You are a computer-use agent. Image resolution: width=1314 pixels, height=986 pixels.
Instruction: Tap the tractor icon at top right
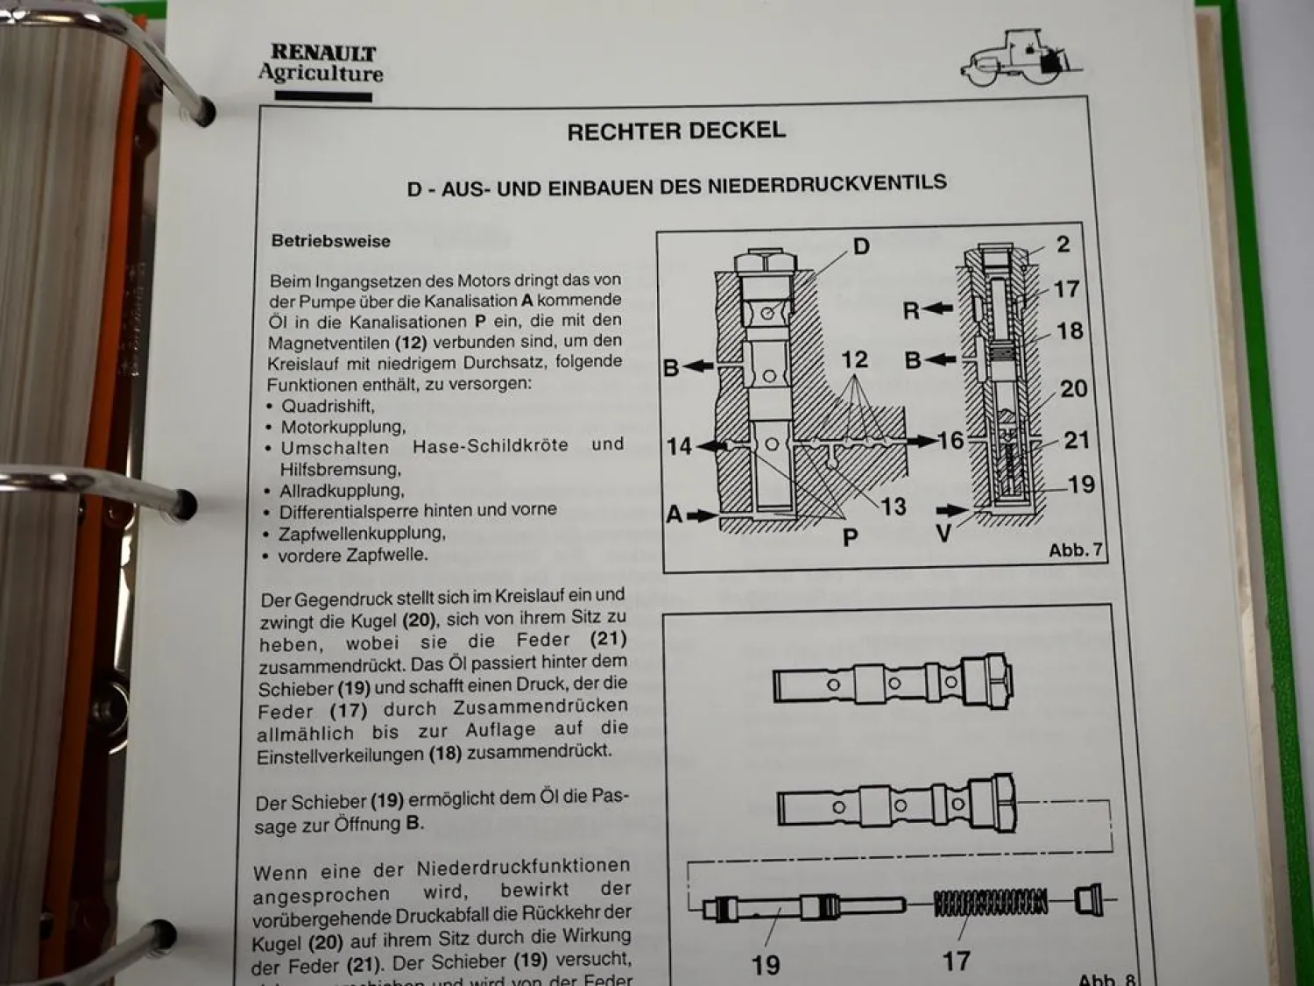pyautogui.click(x=1019, y=59)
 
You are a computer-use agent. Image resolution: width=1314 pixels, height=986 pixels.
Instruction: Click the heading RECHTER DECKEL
pyautogui.click(x=675, y=131)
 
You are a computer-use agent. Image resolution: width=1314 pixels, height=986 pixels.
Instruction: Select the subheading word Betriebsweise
pyautogui.click(x=330, y=241)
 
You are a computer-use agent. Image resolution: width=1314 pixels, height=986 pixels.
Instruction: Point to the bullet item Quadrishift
pyautogui.click(x=327, y=407)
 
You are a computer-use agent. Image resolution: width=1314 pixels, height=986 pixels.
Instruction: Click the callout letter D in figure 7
pyautogui.click(x=861, y=246)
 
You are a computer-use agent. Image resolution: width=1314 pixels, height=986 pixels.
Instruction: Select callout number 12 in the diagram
pyautogui.click(x=854, y=359)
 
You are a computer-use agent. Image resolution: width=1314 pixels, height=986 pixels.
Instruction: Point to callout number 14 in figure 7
pyautogui.click(x=679, y=447)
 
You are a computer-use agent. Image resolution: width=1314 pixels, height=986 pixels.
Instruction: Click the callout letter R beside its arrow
pyautogui.click(x=911, y=310)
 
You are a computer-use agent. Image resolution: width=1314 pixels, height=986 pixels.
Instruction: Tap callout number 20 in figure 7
pyautogui.click(x=1073, y=388)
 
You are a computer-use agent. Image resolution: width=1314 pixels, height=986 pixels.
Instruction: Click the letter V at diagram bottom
pyautogui.click(x=943, y=533)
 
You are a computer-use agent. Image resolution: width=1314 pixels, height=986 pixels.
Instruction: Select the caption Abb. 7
pyautogui.click(x=1074, y=550)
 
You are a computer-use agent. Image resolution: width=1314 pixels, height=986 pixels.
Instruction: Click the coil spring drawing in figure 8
pyautogui.click(x=991, y=903)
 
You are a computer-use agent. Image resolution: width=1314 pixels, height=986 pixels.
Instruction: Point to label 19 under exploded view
pyautogui.click(x=766, y=964)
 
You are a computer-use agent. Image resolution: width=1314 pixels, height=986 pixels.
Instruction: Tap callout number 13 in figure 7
pyautogui.click(x=893, y=507)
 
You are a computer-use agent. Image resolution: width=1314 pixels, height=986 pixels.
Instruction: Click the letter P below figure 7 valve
pyautogui.click(x=850, y=536)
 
